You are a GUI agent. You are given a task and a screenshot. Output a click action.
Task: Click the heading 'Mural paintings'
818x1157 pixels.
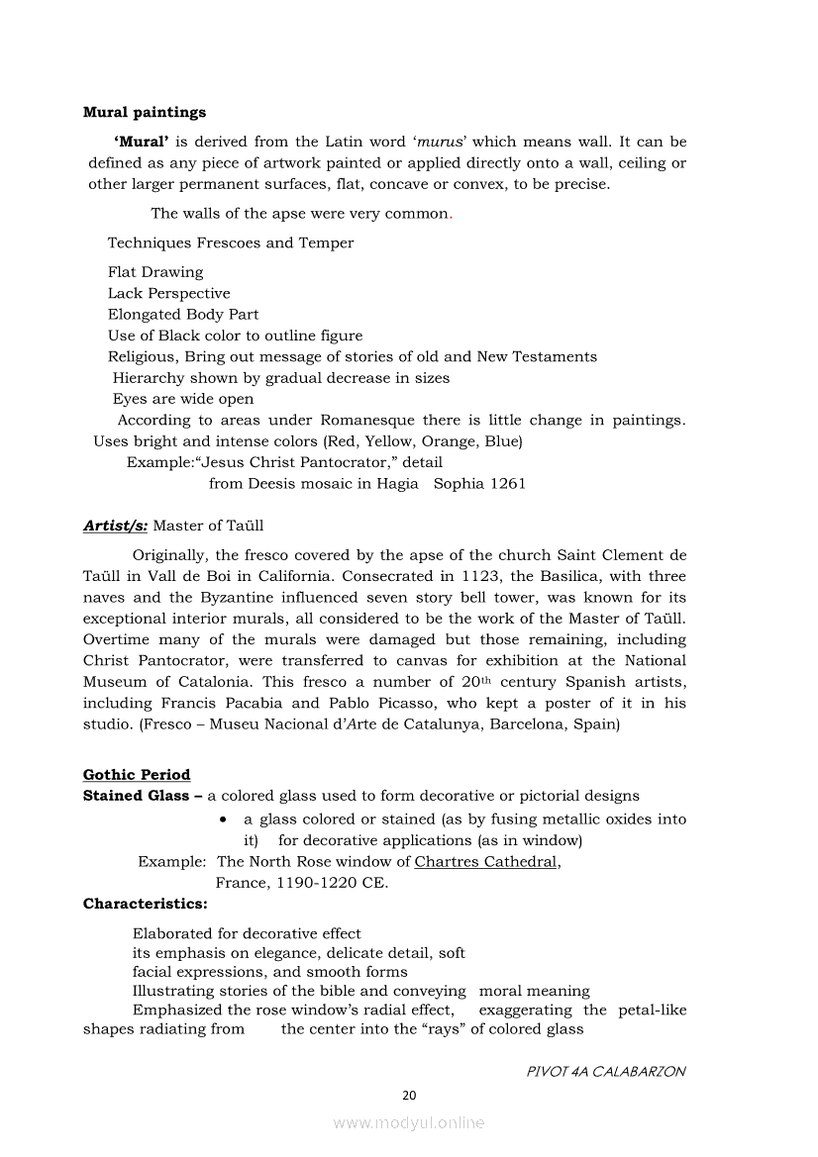pyautogui.click(x=145, y=113)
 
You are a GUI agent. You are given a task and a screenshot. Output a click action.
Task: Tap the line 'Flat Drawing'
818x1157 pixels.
pyautogui.click(x=155, y=272)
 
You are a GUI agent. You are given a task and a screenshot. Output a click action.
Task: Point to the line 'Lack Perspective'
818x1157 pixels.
pyautogui.click(x=168, y=293)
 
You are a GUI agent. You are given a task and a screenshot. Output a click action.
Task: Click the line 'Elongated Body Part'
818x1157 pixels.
pyautogui.click(x=183, y=315)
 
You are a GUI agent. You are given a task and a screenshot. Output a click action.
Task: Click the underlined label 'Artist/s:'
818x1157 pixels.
pyautogui.click(x=116, y=526)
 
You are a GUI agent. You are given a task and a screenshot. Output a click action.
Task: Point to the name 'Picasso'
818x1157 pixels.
pyautogui.click(x=467, y=704)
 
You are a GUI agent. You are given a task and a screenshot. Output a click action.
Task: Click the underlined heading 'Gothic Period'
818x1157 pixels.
pyautogui.click(x=137, y=775)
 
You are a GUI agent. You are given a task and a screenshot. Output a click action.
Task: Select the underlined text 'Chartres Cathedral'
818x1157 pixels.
pyautogui.click(x=485, y=862)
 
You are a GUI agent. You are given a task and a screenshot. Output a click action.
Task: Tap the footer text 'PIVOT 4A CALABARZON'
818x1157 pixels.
pyautogui.click(x=606, y=1072)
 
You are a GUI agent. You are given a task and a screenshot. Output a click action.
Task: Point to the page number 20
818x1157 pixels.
pyautogui.click(x=409, y=1095)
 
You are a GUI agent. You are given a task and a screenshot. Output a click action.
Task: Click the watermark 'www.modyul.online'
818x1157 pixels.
pyautogui.click(x=409, y=1123)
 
